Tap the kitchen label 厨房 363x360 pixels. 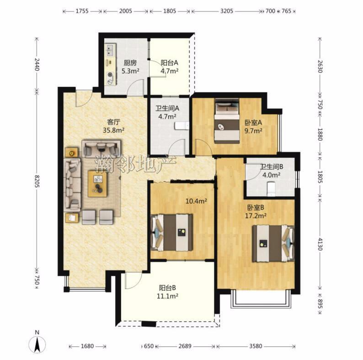130,63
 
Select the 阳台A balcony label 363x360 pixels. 170,63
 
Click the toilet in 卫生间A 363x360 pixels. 182,126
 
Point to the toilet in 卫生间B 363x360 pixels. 271,189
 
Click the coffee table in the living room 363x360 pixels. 97,184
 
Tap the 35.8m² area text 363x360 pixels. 114,130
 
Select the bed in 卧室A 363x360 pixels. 227,121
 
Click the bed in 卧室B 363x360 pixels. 273,243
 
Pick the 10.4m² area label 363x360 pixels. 196,201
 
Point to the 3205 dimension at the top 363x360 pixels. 227,11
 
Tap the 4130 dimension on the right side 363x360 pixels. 320,244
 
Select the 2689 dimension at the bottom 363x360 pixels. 185,346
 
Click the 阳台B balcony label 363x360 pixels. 167,288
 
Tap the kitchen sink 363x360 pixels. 110,50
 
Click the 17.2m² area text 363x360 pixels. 256,216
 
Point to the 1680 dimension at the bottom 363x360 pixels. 87,346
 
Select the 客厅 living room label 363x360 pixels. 114,122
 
